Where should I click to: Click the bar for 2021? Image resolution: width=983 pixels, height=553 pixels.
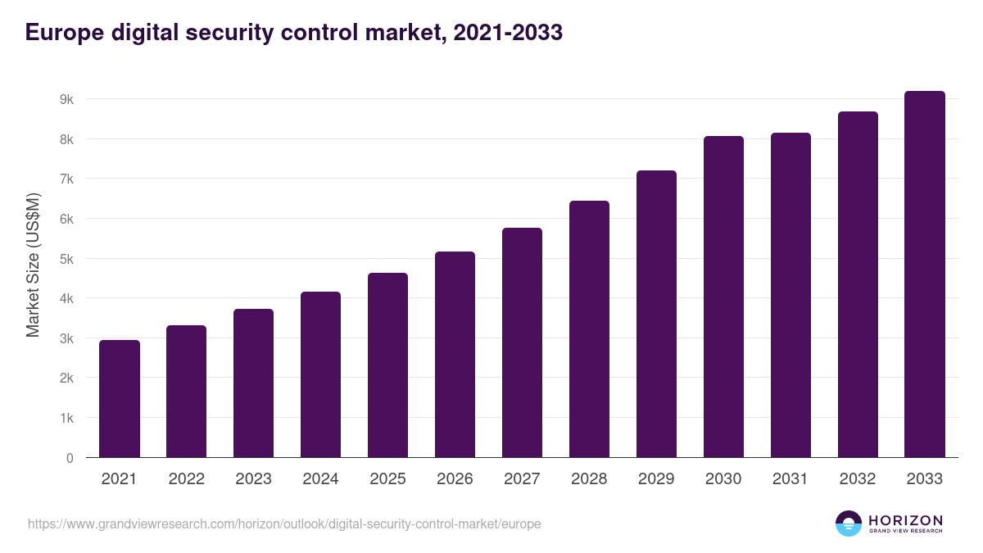point(120,399)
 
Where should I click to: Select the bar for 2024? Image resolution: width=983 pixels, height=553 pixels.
point(320,374)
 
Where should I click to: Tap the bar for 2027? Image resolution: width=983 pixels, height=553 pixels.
point(522,342)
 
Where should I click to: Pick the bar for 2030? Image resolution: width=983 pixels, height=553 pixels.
point(723,297)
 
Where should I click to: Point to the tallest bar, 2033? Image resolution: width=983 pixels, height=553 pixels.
point(925,274)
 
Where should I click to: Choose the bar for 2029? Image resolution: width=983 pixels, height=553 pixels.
point(656,314)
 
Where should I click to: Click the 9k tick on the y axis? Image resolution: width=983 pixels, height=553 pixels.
point(66,99)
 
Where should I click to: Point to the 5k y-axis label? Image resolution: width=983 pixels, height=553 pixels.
point(66,259)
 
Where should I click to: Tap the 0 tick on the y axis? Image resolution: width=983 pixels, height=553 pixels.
point(70,458)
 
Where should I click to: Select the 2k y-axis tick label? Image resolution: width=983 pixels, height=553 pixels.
point(66,378)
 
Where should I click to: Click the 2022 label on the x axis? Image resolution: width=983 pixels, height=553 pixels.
point(186,479)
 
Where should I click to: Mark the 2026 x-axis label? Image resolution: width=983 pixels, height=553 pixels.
point(455,479)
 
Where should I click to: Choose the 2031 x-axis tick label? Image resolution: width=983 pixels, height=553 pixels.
point(790,479)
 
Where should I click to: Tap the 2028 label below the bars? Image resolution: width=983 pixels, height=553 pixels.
point(589,479)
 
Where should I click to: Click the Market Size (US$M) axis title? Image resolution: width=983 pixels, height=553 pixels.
point(33,265)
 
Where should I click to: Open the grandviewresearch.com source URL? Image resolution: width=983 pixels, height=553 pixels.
point(284,524)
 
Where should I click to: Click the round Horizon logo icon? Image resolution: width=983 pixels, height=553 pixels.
point(849,524)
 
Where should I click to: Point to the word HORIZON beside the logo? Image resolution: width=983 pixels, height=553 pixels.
point(905,520)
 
